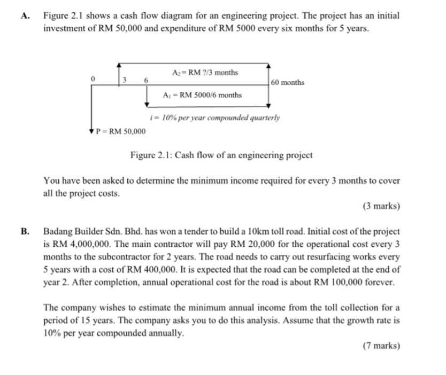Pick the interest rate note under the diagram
click(x=216, y=117)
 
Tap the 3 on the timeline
click(x=124, y=81)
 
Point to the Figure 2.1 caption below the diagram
click(x=221, y=156)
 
